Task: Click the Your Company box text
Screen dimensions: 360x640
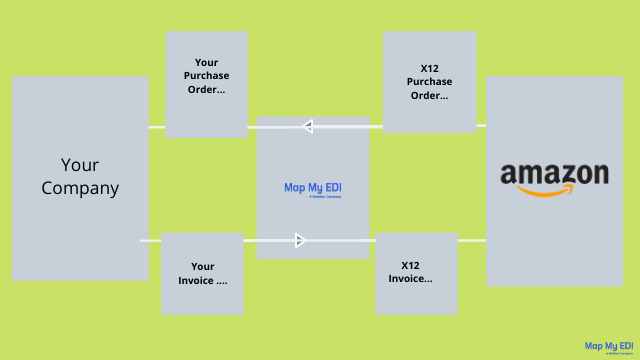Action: tap(80, 176)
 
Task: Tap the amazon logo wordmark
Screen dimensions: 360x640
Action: tap(554, 174)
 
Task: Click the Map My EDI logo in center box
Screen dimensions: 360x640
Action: tap(313, 188)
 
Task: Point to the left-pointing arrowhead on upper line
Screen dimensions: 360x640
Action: tap(307, 126)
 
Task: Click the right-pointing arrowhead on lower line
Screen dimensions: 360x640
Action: tap(299, 240)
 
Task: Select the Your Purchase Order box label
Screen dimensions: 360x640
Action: tap(206, 76)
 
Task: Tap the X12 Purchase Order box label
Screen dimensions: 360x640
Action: tap(430, 82)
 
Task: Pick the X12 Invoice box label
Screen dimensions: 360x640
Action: tap(411, 272)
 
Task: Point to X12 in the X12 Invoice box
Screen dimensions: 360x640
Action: tap(410, 265)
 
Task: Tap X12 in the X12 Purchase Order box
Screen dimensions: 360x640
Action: tap(430, 68)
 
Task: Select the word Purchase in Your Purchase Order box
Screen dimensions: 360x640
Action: tap(207, 76)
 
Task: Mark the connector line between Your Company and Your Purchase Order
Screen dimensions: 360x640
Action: tap(157, 127)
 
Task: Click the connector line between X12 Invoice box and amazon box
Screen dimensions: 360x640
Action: tap(471, 240)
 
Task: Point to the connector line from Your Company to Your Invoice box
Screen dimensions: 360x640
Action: tap(150, 240)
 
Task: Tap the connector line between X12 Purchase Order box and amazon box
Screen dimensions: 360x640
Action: tap(481, 125)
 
